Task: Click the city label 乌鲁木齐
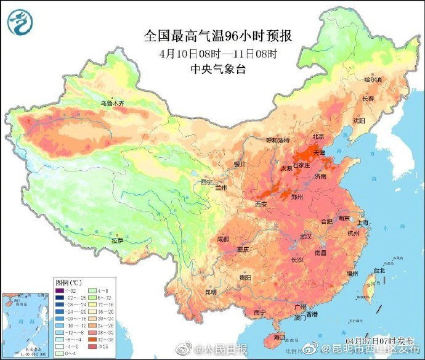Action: (x=113, y=104)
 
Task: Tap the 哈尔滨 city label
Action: (x=373, y=80)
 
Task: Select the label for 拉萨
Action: (x=117, y=240)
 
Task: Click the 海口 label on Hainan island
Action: (x=279, y=337)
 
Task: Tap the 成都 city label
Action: (x=222, y=239)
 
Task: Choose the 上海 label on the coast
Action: (x=363, y=223)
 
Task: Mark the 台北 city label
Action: (x=379, y=270)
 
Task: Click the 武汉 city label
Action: (x=306, y=236)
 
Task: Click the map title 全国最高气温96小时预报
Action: (x=217, y=36)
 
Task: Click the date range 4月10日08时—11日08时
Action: (x=218, y=53)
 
